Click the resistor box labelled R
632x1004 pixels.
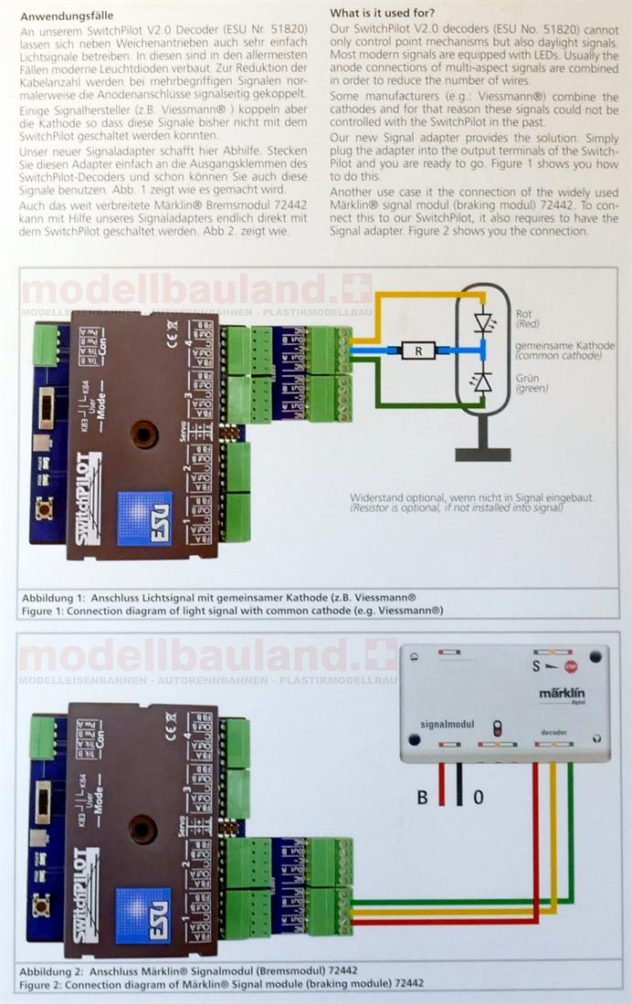416,350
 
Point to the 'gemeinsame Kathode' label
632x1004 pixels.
564,347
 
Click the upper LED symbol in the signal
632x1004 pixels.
483,321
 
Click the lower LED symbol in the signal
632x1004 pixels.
483,381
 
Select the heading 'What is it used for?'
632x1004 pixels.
382,16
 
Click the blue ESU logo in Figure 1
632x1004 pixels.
144,518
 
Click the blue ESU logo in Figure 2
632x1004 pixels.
144,914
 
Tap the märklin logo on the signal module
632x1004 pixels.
573,695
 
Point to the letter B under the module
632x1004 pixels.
422,798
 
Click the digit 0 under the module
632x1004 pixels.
478,798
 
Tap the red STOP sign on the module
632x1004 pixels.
571,667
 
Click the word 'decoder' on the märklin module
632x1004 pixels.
554,731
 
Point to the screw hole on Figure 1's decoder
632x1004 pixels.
144,434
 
